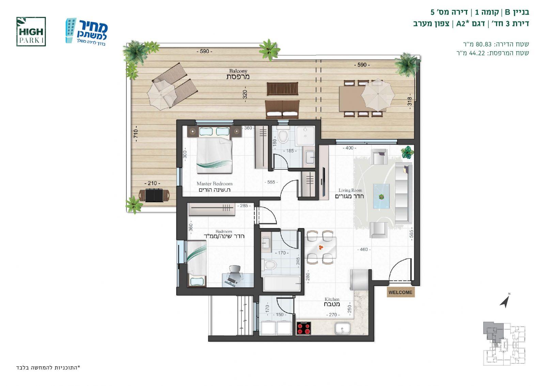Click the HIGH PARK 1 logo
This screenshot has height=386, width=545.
[x=31, y=32]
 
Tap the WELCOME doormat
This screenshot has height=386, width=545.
[x=401, y=292]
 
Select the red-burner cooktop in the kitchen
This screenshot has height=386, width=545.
[x=303, y=328]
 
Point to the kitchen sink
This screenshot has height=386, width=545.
[x=343, y=328]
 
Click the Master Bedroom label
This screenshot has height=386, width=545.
[x=214, y=187]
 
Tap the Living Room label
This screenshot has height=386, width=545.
[x=349, y=194]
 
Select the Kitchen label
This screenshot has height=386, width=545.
[x=332, y=302]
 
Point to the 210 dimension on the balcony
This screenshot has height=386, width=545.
[x=152, y=183]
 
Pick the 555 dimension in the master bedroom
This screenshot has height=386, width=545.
[x=271, y=182]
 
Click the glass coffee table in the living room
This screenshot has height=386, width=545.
[x=381, y=196]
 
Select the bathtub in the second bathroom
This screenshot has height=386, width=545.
[x=281, y=284]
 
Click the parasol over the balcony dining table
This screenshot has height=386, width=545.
[x=378, y=95]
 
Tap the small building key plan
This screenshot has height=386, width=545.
[x=504, y=343]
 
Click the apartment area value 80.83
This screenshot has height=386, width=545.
[x=484, y=44]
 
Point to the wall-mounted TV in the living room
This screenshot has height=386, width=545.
[x=324, y=182]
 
